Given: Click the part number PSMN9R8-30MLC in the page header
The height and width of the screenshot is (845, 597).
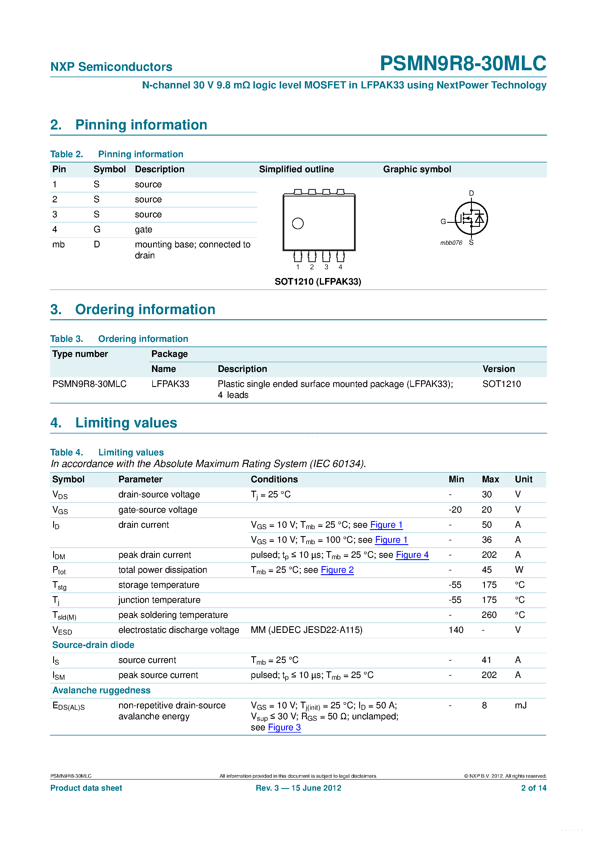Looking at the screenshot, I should tap(463, 63).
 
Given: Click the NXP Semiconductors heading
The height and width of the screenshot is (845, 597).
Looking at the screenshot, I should tap(111, 67).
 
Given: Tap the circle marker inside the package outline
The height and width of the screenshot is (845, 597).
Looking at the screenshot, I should tap(297, 223).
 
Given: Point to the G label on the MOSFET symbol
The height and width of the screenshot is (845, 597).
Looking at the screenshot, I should tap(443, 222).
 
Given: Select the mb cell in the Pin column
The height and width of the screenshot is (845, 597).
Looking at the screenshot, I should tap(59, 245).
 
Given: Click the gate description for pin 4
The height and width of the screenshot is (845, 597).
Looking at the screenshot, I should tap(144, 230).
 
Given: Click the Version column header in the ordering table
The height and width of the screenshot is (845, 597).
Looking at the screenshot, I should tap(498, 369).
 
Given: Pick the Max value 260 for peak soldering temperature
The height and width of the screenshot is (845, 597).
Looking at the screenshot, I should tap(489, 615).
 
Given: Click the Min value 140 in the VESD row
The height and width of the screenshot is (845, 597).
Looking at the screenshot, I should tap(456, 630).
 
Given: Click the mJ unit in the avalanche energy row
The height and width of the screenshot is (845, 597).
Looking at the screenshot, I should tap(520, 705).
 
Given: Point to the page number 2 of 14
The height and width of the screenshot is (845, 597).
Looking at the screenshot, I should tap(533, 788).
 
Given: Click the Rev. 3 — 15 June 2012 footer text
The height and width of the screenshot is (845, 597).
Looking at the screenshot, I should tap(298, 788).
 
